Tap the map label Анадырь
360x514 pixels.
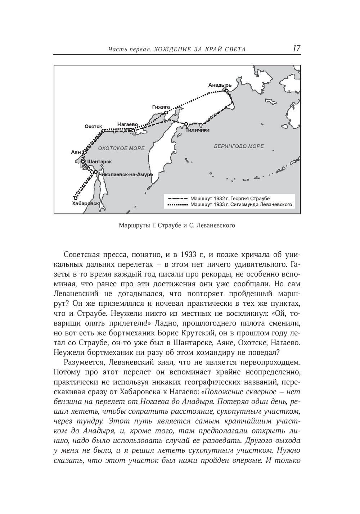220,85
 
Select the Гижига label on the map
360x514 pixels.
161,107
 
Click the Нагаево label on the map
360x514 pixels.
127,124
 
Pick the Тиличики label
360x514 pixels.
198,130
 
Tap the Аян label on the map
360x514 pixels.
76,152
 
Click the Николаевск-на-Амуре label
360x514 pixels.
126,174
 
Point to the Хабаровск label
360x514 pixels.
85,204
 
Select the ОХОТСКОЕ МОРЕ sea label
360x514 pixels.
121,148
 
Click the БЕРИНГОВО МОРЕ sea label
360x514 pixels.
239,146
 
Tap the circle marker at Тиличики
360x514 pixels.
186,124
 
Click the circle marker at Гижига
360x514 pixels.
166,113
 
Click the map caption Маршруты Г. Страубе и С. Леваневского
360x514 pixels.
176,226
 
